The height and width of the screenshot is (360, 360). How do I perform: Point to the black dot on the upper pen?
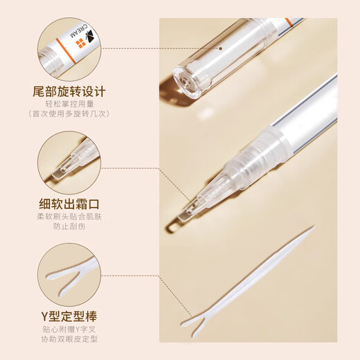220,49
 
